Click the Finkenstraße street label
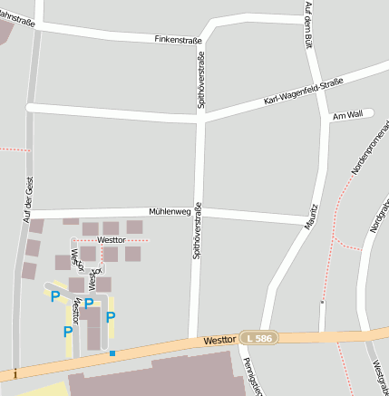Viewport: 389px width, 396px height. (178, 41)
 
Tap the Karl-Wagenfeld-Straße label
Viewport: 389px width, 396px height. (303, 92)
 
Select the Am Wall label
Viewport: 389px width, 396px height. (347, 115)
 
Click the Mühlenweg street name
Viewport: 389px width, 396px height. (170, 211)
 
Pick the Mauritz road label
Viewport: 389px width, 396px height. (312, 216)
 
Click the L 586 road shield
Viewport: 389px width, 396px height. (258, 338)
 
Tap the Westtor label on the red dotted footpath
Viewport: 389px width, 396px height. (111, 239)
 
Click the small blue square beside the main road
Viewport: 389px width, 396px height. (112, 353)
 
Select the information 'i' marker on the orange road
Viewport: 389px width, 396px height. (16, 373)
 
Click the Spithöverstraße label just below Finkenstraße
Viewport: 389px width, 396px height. (201, 82)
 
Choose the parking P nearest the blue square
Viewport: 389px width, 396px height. (111, 317)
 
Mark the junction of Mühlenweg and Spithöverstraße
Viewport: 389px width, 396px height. (199, 212)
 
